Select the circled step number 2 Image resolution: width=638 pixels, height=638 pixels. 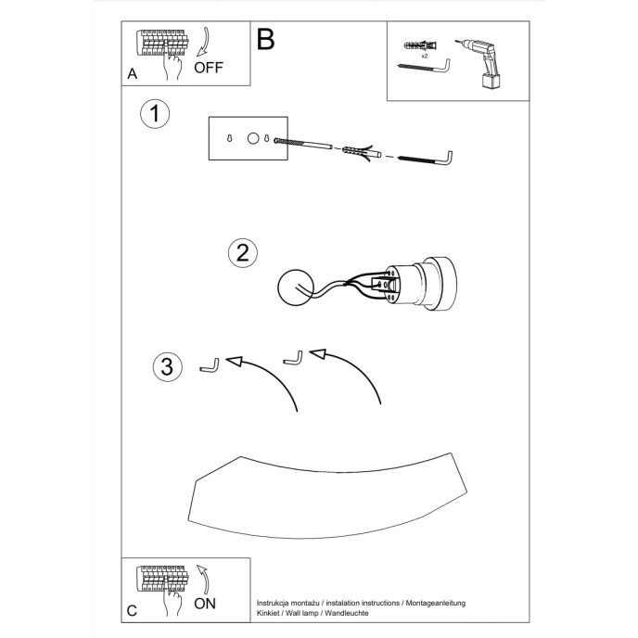pos(242,253)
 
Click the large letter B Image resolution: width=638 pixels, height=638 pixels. pos(266,40)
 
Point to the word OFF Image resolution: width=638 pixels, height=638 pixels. pos(209,68)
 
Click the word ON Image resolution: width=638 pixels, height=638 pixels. pos(206,603)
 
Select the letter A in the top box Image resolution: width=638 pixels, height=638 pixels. pos(132,72)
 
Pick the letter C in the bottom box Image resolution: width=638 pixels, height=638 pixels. pos(132,609)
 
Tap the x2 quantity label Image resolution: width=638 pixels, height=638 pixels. pos(424,57)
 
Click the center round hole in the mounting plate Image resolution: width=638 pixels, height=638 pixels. pos(251,138)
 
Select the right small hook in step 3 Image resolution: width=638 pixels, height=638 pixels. pos(294,358)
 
